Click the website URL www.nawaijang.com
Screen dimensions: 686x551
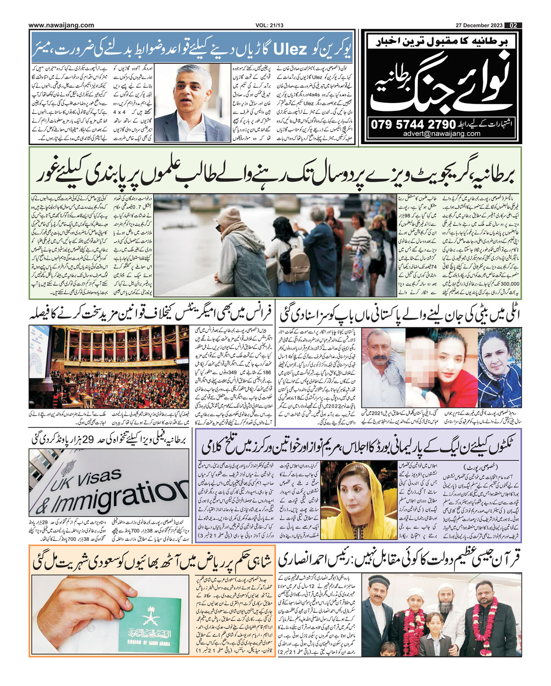pos(62,25)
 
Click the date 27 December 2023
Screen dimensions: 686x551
pos(482,25)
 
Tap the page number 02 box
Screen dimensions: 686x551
pos(513,25)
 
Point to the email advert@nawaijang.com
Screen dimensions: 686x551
pos(442,134)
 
